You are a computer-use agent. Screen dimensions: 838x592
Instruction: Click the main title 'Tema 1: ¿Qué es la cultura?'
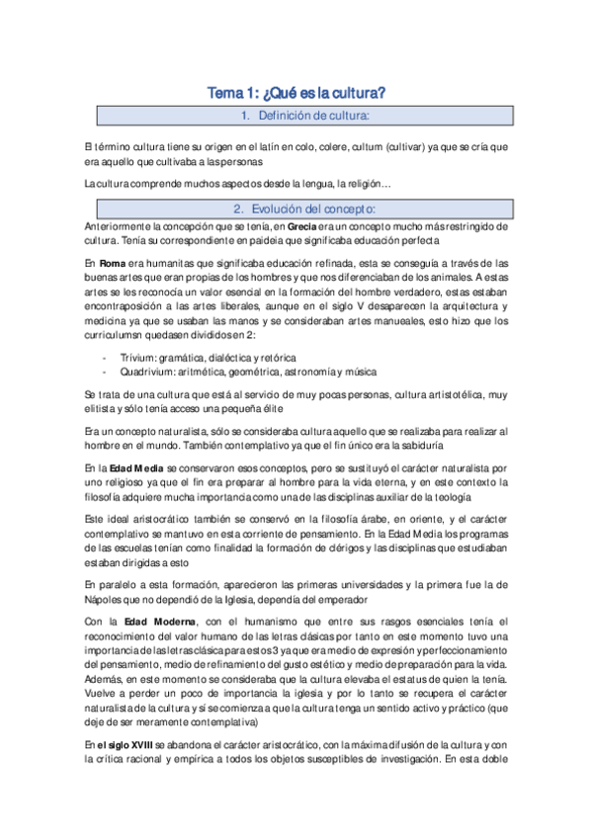pyautogui.click(x=295, y=94)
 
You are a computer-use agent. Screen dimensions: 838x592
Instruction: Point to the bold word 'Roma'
pyautogui.click(x=112, y=263)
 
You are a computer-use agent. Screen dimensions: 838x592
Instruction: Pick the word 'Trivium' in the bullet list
pyautogui.click(x=135, y=357)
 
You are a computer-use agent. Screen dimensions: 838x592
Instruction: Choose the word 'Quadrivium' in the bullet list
pyautogui.click(x=144, y=372)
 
